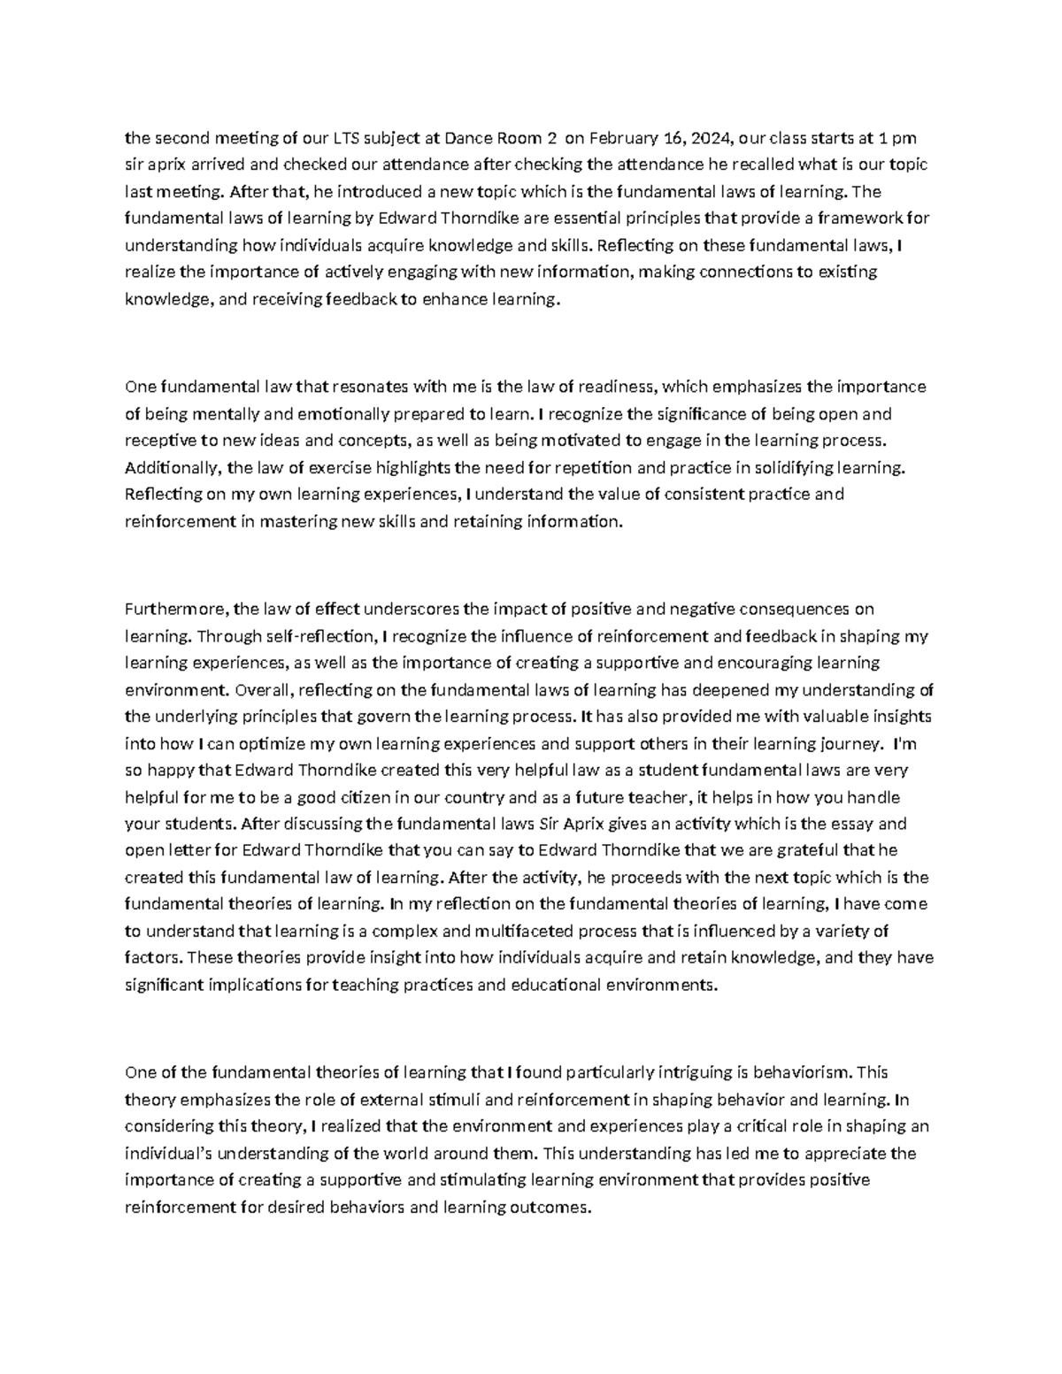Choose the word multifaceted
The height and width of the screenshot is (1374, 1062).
(x=524, y=932)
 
